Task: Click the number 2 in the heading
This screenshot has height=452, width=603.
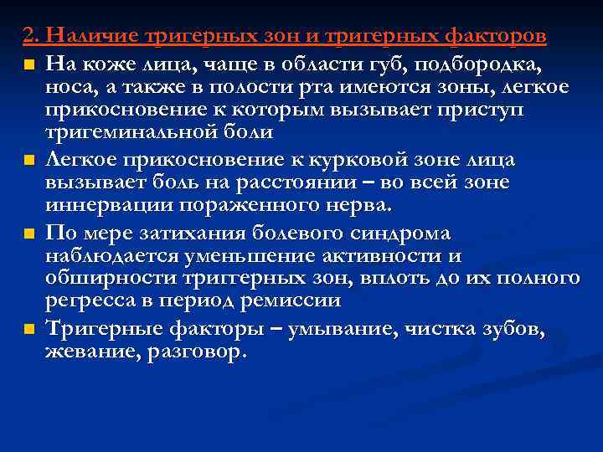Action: pos(28,38)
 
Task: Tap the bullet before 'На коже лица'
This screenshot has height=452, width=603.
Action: pos(29,64)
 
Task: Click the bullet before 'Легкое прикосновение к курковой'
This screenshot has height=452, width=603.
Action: pos(29,160)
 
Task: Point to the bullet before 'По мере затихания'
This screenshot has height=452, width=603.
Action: pos(29,233)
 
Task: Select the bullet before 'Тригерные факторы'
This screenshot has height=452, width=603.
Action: pos(29,329)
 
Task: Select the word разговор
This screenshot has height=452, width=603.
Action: pos(195,352)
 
